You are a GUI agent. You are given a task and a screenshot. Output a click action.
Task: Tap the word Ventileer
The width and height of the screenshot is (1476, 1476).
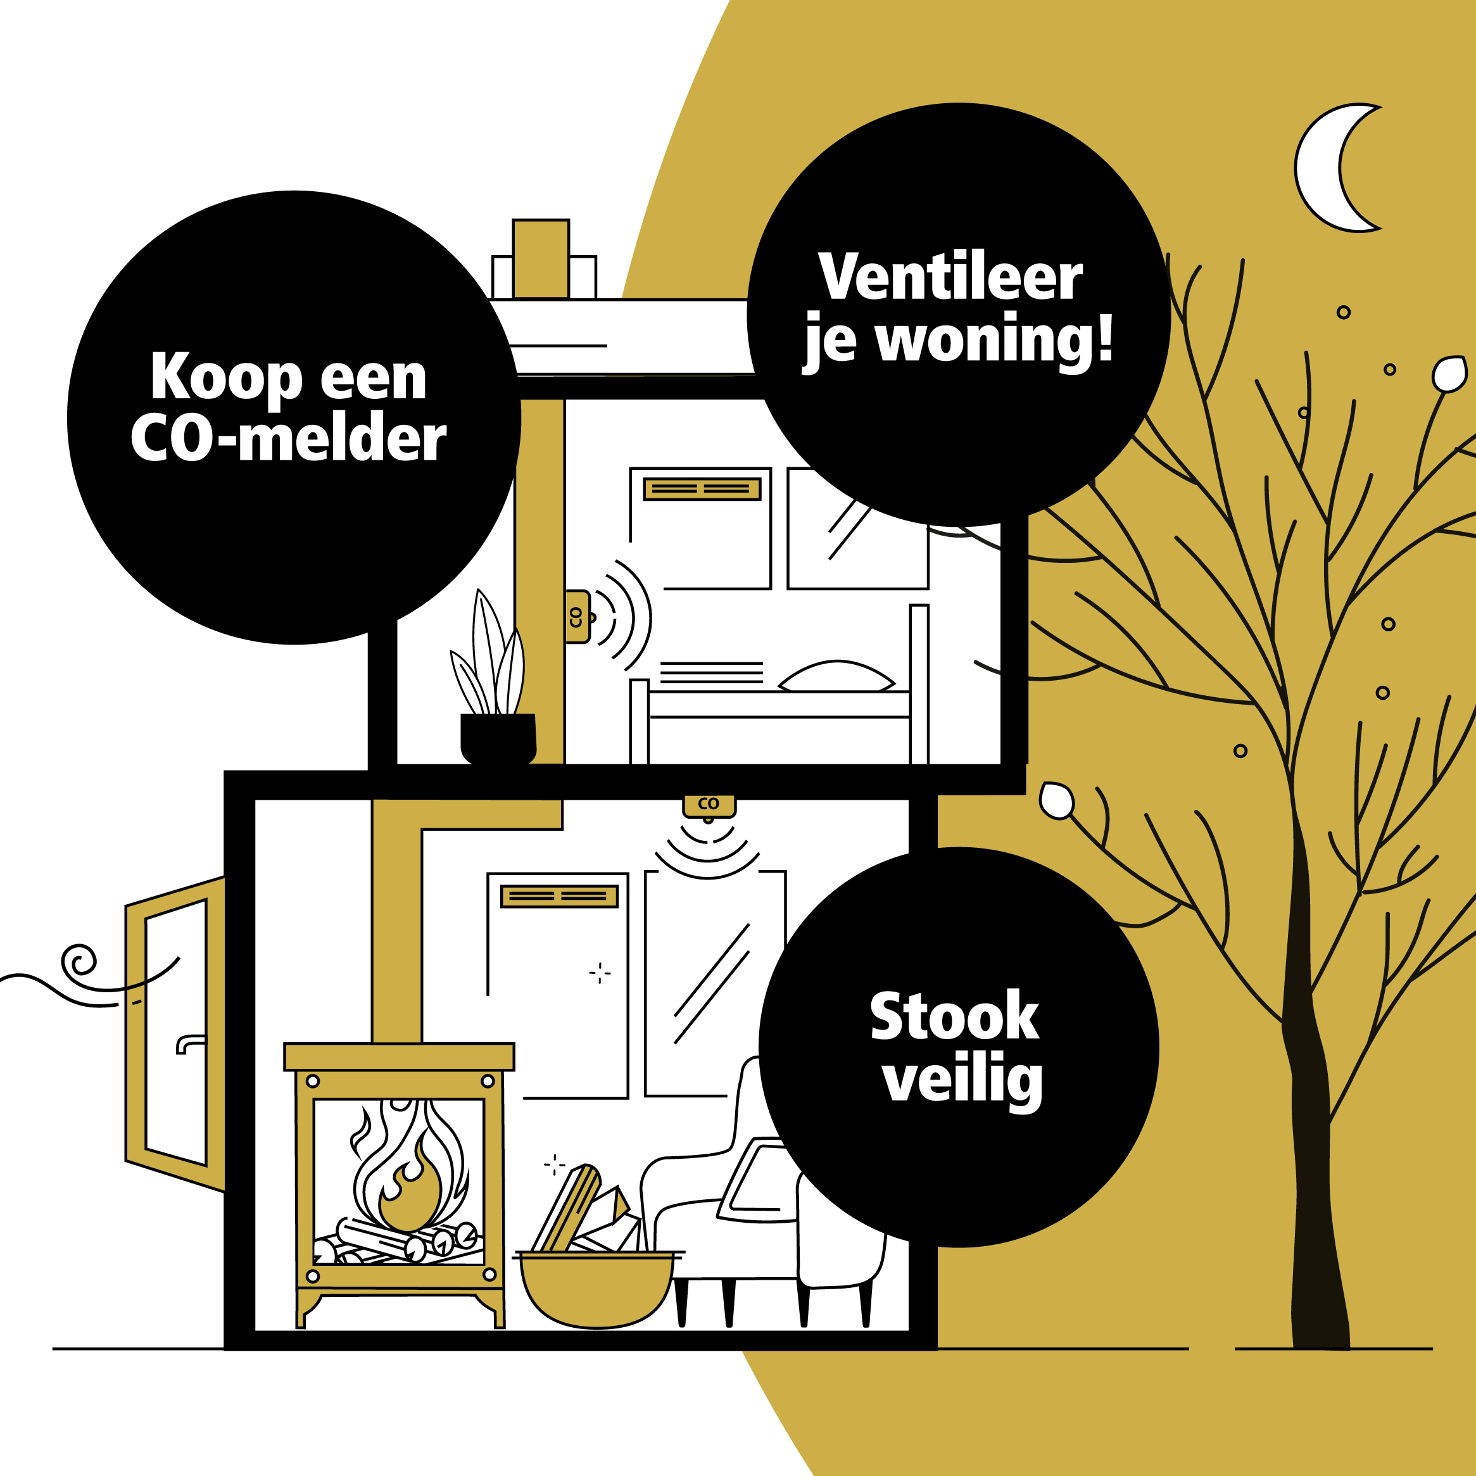(x=950, y=277)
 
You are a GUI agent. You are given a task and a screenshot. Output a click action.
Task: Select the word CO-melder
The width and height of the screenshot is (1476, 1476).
(x=288, y=439)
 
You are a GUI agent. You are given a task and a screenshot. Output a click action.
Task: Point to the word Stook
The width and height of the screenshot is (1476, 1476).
(x=954, y=1017)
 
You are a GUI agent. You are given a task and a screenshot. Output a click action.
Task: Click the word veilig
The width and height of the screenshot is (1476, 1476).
(x=962, y=1080)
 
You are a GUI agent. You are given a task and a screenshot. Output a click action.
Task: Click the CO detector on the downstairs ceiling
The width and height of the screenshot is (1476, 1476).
(x=708, y=804)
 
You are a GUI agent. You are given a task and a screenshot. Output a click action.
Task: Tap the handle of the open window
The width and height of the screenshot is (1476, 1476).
(x=189, y=1043)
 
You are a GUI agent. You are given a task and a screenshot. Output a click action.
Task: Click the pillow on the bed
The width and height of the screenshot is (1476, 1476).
(x=836, y=677)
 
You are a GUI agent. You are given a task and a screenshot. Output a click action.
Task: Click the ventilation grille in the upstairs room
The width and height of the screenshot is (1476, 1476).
(x=702, y=489)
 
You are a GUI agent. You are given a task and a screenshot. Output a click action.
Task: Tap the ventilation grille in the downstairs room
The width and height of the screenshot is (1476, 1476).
(x=558, y=896)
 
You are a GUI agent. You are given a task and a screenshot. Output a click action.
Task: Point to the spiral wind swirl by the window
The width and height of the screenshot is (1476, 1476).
(x=79, y=962)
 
